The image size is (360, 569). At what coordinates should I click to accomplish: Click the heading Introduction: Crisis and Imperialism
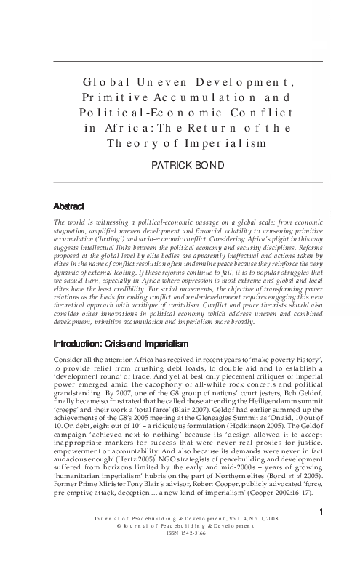127,342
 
